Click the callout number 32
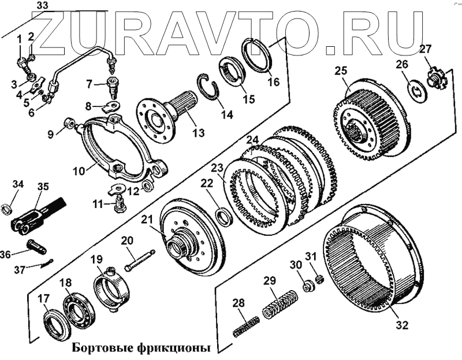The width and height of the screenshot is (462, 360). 402,325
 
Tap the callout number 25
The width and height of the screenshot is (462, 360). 341,71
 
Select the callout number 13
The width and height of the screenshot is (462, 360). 198,133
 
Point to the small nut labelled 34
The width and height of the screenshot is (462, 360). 9,207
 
